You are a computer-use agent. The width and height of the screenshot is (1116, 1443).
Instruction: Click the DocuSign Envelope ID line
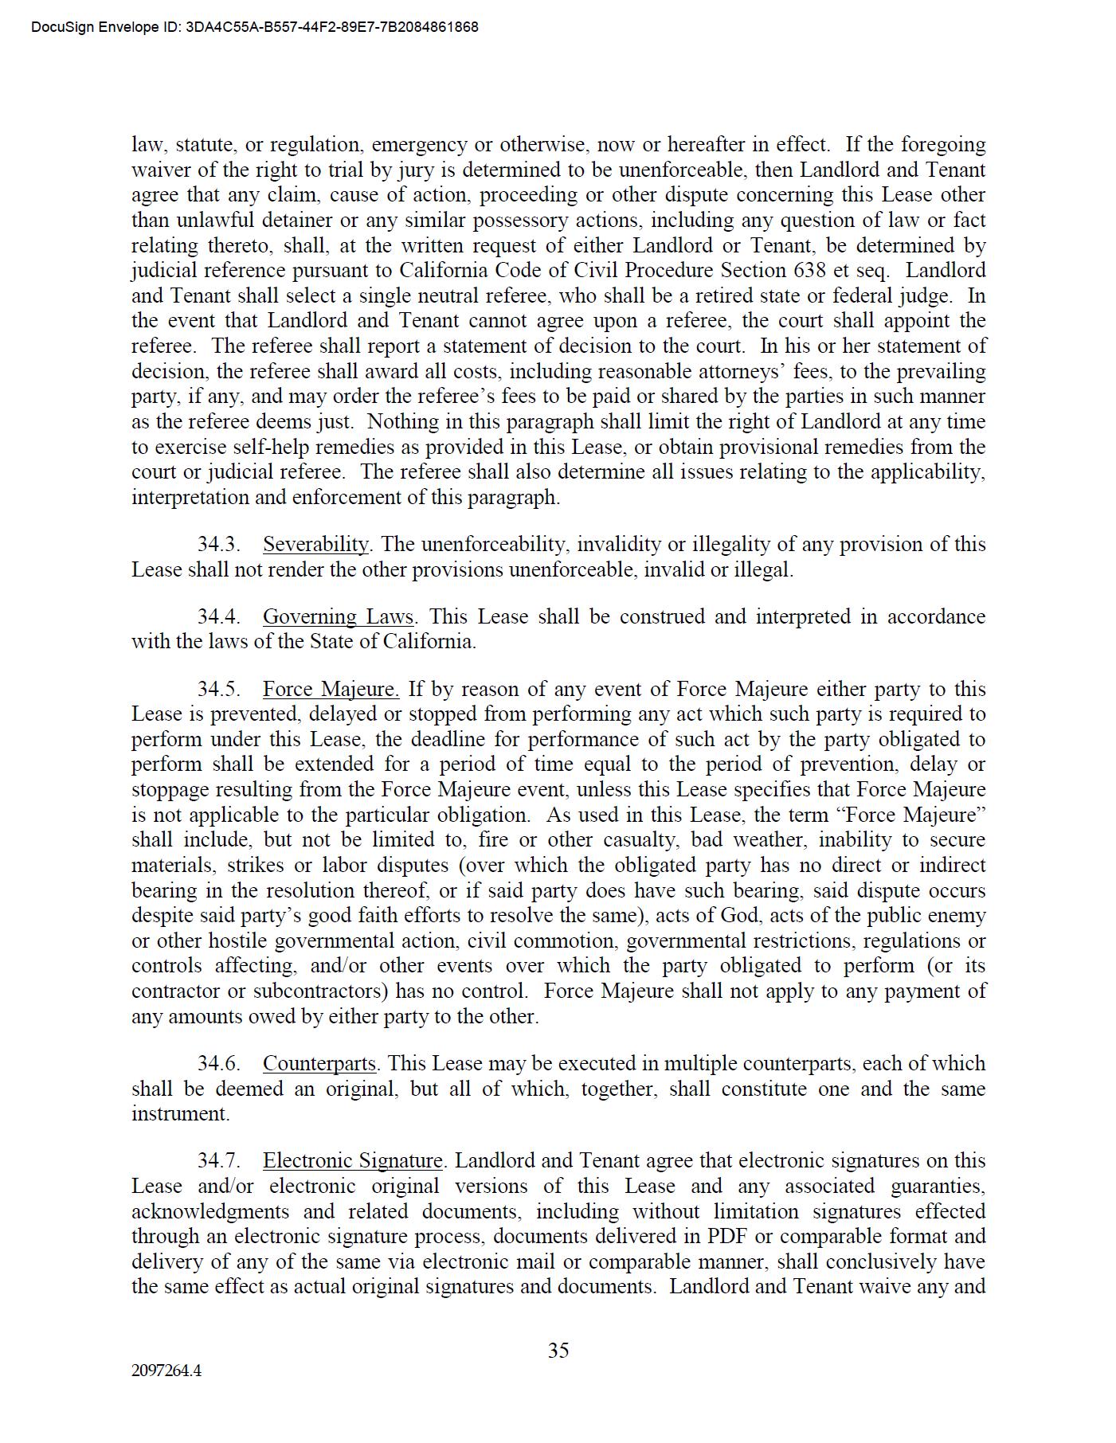click(255, 27)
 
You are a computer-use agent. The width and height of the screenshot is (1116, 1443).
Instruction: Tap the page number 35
click(558, 1351)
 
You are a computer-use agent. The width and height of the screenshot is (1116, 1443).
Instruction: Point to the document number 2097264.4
click(166, 1371)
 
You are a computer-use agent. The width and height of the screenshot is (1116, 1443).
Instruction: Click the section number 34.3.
click(218, 545)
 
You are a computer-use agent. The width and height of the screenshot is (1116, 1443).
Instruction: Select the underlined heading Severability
click(315, 545)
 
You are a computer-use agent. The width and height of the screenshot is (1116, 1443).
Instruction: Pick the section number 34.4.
click(218, 617)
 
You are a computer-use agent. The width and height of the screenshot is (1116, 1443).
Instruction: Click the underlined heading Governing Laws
click(338, 617)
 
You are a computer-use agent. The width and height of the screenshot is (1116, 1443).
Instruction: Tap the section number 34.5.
click(218, 690)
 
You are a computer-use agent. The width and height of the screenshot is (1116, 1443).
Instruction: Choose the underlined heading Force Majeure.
click(331, 690)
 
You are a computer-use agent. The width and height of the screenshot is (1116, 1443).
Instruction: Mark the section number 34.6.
click(218, 1064)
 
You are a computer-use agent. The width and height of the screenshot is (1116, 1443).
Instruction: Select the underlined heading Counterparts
click(319, 1064)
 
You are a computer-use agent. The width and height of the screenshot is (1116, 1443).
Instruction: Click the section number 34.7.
click(218, 1161)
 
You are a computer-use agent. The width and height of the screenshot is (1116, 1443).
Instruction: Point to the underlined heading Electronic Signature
click(352, 1161)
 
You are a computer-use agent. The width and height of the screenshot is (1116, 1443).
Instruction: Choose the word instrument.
click(180, 1114)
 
